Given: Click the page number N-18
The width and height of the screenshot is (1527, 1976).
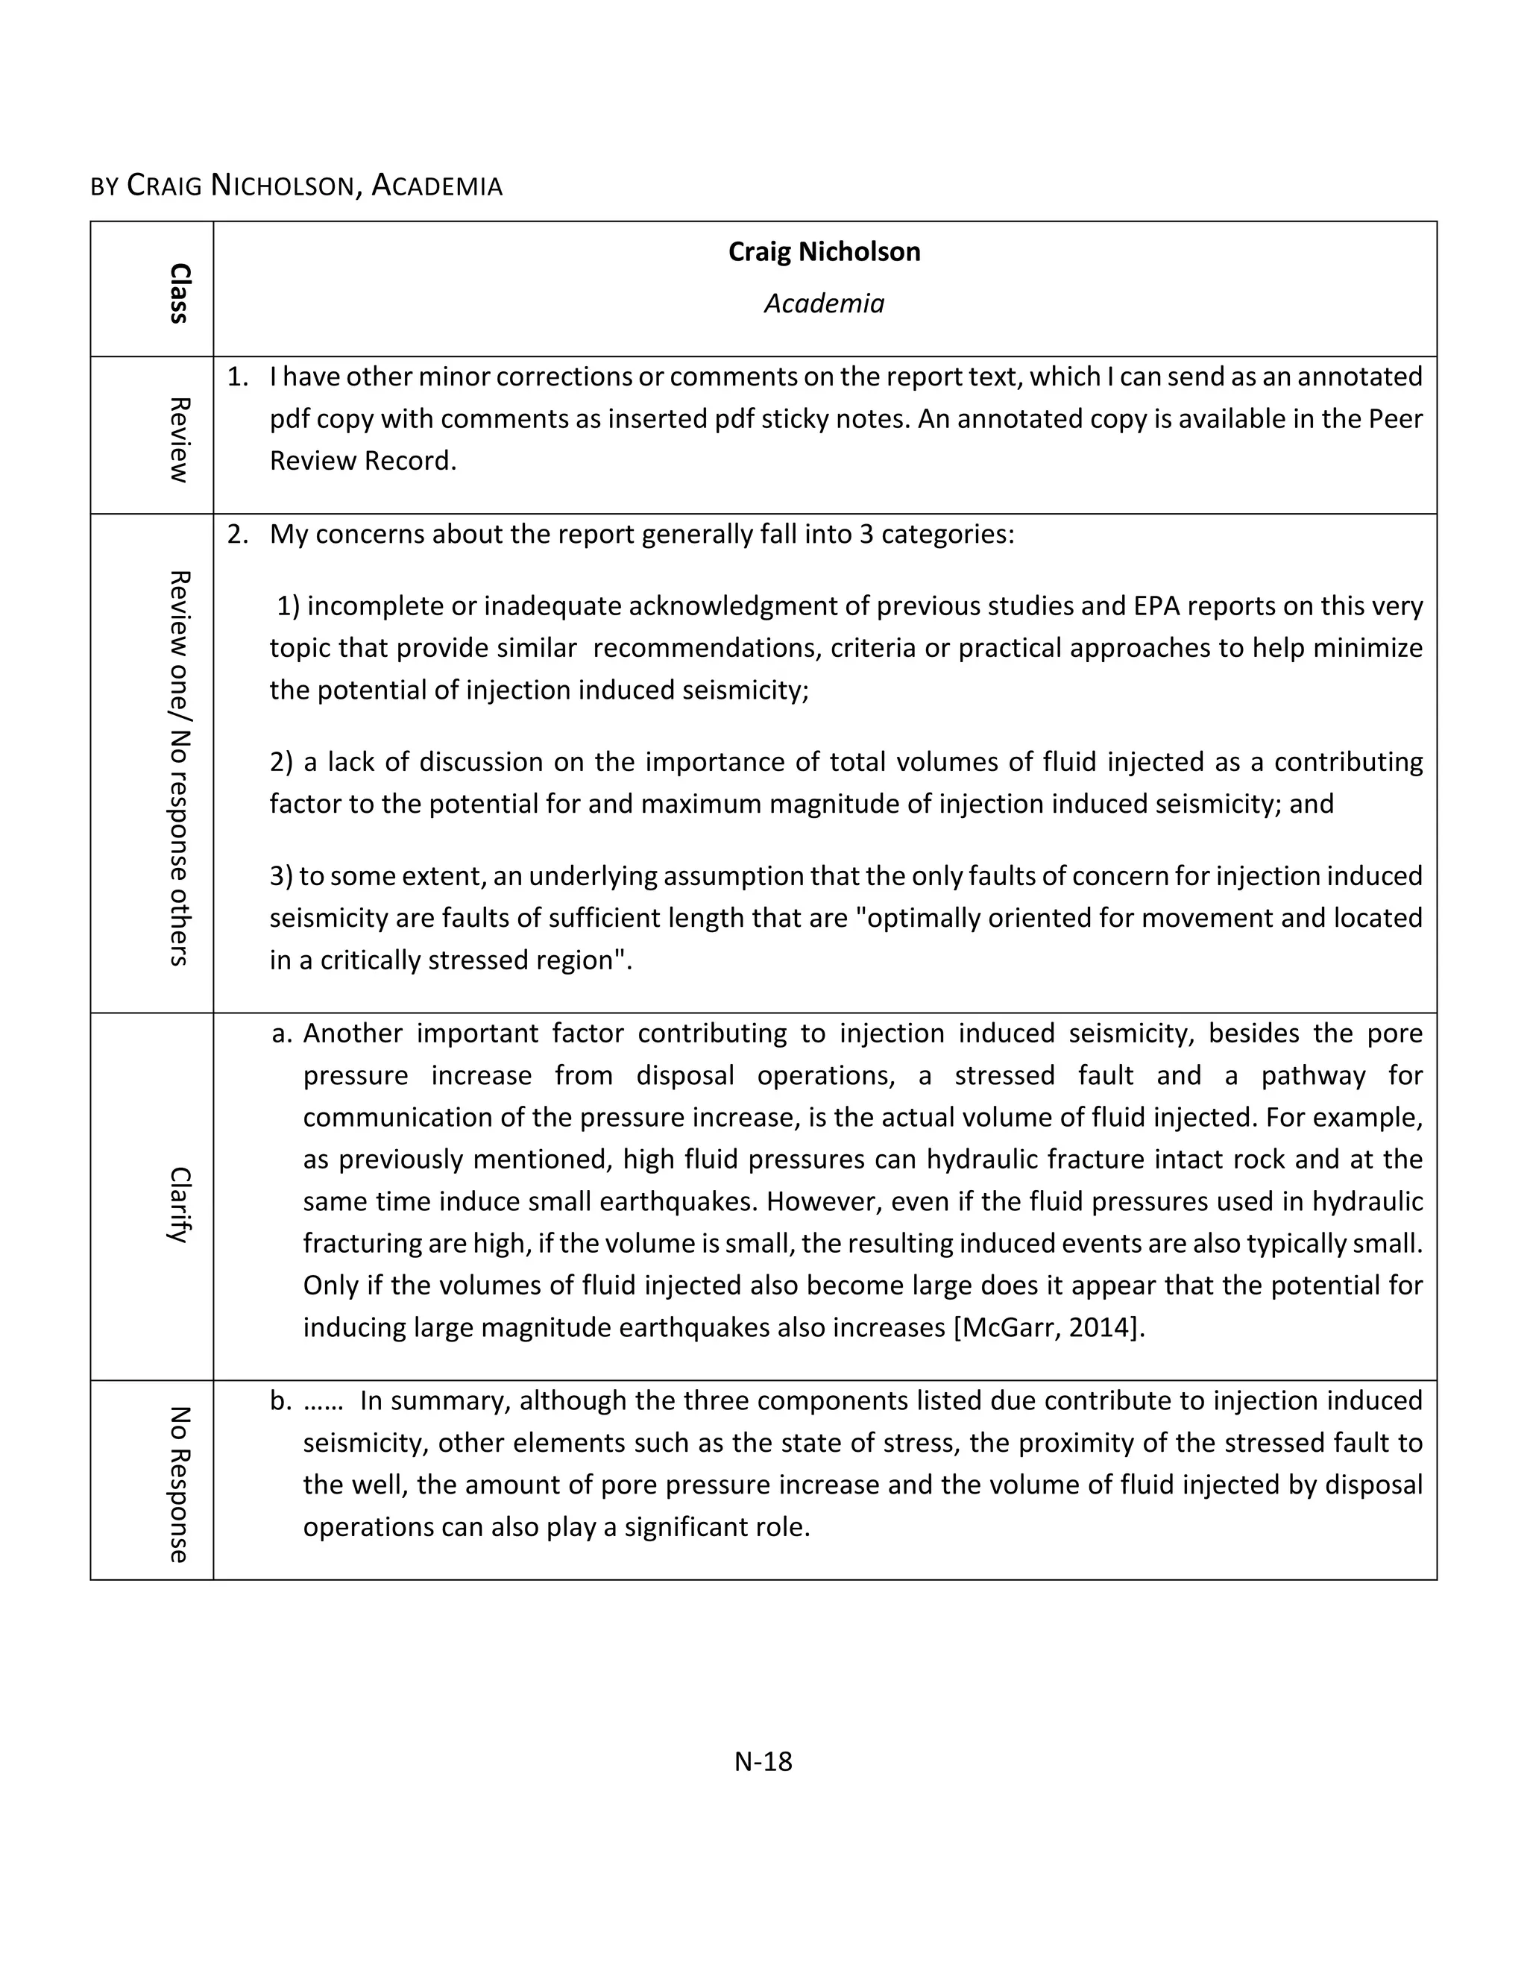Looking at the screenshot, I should pos(763,1761).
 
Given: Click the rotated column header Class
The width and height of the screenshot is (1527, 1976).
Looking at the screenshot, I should pos(179,293).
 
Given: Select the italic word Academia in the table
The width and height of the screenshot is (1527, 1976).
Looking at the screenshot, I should pos(824,303).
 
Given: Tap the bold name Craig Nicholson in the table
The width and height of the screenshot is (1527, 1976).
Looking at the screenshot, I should pos(824,251).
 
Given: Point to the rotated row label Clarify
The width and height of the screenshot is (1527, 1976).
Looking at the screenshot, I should pos(179,1205).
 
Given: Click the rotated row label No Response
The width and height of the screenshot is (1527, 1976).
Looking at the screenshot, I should pos(179,1485).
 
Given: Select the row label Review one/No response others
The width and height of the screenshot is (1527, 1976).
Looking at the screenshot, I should pos(179,768).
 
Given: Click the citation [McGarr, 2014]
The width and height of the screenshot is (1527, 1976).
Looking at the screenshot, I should pos(1049,1327).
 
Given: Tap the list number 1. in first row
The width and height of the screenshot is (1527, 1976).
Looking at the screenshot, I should pos(237,377).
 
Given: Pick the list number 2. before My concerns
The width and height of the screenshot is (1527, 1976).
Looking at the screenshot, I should pos(237,534).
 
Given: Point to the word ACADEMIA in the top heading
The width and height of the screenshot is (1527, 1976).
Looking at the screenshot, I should pos(437,186).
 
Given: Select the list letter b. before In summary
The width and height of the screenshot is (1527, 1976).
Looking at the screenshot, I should pos(281,1400).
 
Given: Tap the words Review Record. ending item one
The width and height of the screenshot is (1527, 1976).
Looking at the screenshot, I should pos(363,461).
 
